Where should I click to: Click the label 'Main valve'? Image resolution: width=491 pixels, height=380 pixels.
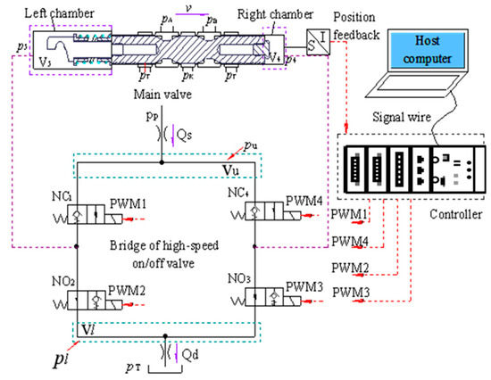click(x=162, y=94)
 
